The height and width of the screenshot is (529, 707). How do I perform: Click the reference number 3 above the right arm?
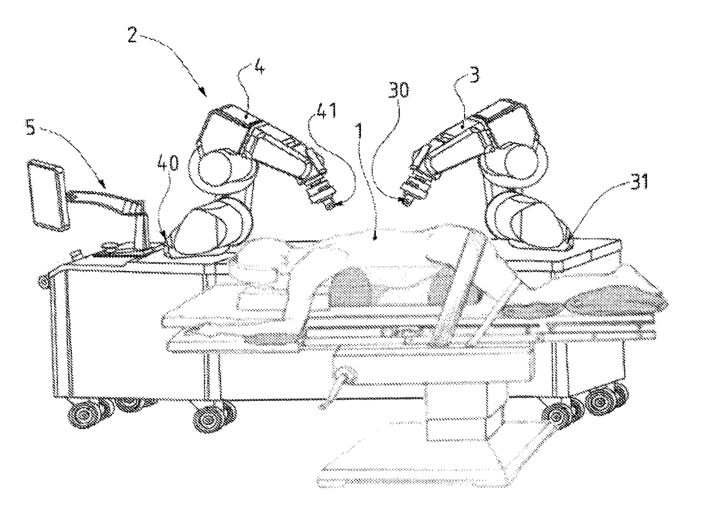click(x=474, y=74)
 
